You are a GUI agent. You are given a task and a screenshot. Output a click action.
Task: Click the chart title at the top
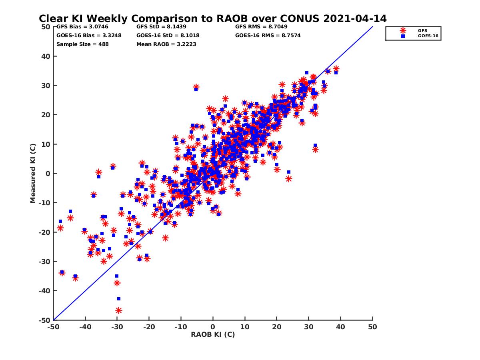tap(212, 18)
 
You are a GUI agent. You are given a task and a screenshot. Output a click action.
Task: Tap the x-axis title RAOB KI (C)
tap(213, 334)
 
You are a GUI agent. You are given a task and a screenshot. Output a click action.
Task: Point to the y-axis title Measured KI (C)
tap(33, 174)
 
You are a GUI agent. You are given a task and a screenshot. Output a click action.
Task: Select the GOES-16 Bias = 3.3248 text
tap(89, 35)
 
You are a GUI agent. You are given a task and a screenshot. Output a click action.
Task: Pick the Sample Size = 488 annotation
tap(82, 44)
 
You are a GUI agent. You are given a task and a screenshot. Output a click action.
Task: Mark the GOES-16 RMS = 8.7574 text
tap(268, 35)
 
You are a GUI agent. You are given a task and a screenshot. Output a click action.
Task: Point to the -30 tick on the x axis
tap(117, 327)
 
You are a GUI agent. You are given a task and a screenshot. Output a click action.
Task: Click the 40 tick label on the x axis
tap(341, 327)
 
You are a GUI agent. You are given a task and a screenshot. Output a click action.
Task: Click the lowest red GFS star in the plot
tap(119, 310)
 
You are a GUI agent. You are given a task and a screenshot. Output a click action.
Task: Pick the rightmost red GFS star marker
tap(336, 69)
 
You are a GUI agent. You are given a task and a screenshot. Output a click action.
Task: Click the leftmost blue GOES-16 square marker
tap(60, 221)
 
